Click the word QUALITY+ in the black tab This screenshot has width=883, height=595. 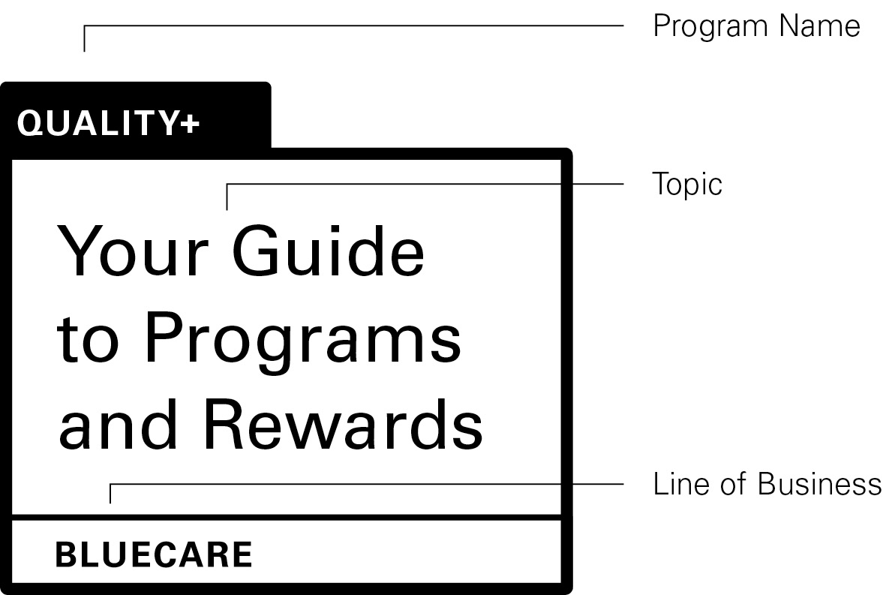pyautogui.click(x=108, y=123)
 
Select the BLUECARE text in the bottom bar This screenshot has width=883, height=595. pyautogui.click(x=154, y=555)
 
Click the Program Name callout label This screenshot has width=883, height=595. pyautogui.click(x=756, y=26)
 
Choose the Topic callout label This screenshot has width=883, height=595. pyautogui.click(x=687, y=184)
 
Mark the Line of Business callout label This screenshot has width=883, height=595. pyautogui.click(x=767, y=484)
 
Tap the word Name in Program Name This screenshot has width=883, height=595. pyautogui.click(x=819, y=26)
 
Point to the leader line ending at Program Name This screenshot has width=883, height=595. pyautogui.click(x=353, y=26)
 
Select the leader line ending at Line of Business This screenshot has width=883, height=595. pyautogui.click(x=368, y=484)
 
